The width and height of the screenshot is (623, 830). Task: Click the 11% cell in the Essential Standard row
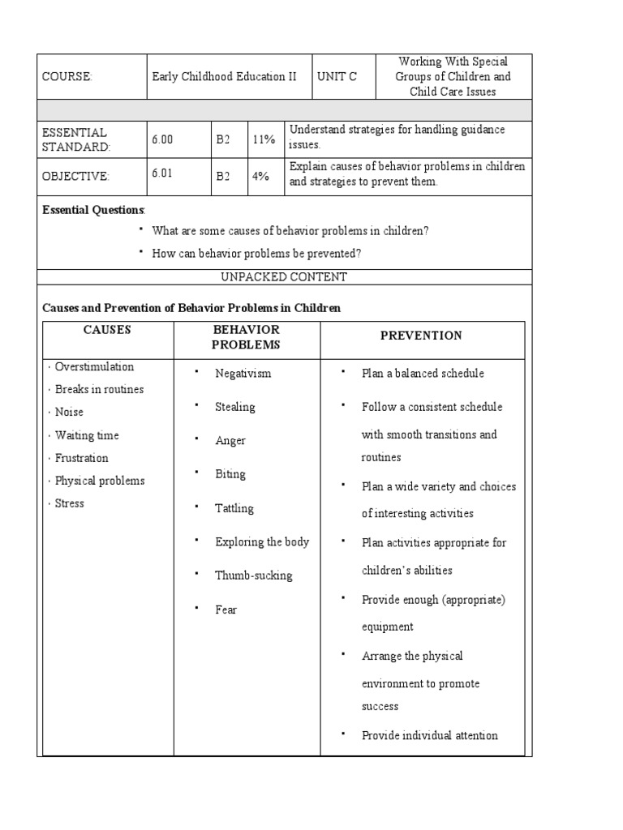tap(264, 139)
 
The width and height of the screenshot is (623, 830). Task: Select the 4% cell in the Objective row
tap(260, 175)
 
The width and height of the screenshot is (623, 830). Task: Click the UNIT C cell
tap(337, 77)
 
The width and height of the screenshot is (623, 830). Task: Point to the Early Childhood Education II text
tap(225, 77)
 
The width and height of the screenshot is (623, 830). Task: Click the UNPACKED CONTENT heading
tap(284, 277)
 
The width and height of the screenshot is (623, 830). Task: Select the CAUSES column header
tap(107, 330)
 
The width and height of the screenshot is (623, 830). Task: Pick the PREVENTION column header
tap(421, 336)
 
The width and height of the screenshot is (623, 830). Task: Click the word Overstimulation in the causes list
tap(94, 367)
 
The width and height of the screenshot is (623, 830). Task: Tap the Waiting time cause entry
tap(87, 435)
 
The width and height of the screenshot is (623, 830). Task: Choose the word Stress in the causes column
tap(69, 503)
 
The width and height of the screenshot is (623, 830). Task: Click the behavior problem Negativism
tap(243, 374)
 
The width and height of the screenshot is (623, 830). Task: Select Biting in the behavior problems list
tap(230, 474)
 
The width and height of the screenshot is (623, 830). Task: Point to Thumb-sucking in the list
tap(254, 575)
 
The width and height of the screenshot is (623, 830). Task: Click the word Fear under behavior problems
tap(226, 610)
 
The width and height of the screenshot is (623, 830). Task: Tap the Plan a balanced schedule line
tap(423, 374)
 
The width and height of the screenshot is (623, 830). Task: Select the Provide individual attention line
tap(429, 736)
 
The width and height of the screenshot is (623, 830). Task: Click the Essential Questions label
tap(93, 210)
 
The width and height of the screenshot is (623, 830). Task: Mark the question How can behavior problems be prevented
tap(256, 254)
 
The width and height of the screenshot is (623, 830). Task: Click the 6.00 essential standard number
tap(162, 139)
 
